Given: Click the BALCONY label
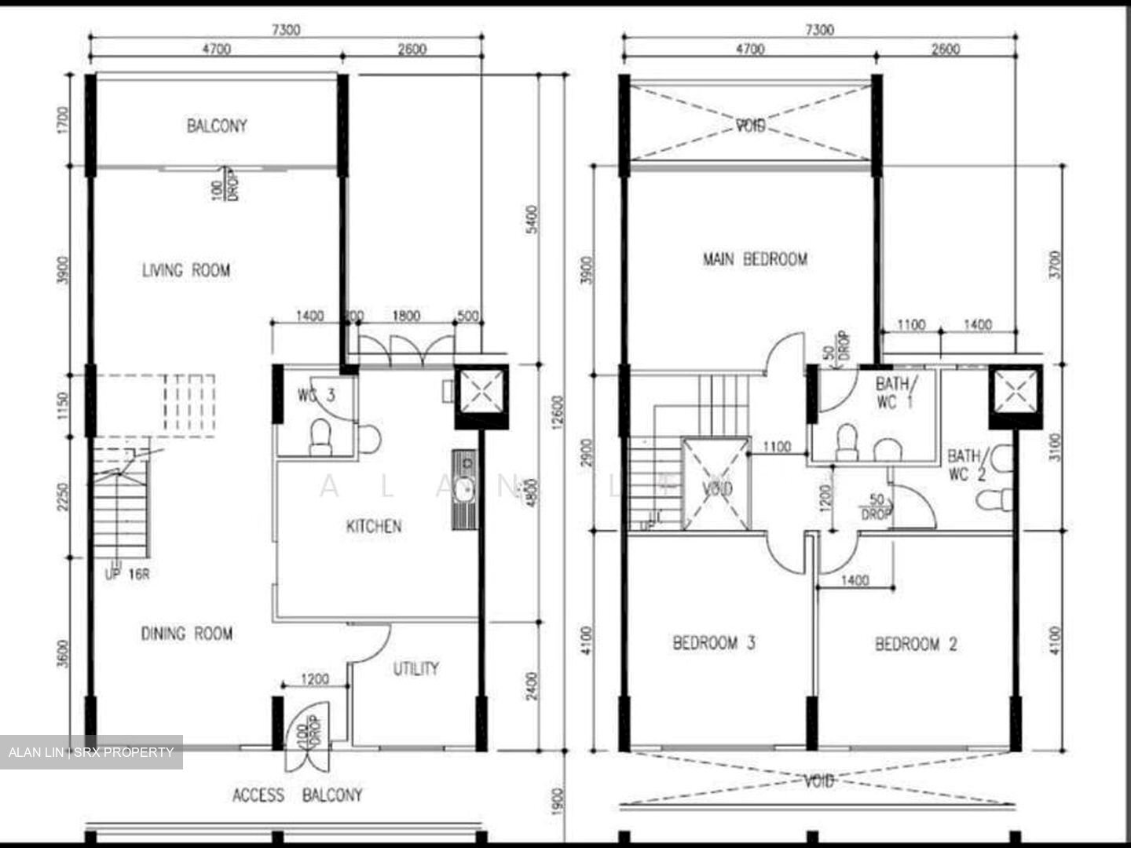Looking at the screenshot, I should tap(217, 126).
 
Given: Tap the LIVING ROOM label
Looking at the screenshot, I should tap(186, 271).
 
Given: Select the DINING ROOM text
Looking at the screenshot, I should tap(187, 634).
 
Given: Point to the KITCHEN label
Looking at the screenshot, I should tap(374, 526).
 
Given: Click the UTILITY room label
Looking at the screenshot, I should tap(415, 669).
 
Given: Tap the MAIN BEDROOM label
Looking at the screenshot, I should tap(755, 259).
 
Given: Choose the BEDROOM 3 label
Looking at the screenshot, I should tap(714, 644).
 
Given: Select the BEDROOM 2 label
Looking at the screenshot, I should tap(916, 645).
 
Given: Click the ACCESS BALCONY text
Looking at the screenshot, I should tap(298, 795).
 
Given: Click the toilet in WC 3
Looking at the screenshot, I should tap(320, 438).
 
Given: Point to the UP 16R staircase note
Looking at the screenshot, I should tap(127, 574).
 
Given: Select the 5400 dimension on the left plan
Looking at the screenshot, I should tap(533, 220).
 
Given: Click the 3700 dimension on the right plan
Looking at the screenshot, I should tap(1055, 264).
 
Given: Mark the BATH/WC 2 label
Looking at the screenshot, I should tap(965, 465).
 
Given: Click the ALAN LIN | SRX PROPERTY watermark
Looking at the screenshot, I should tap(91, 752).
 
